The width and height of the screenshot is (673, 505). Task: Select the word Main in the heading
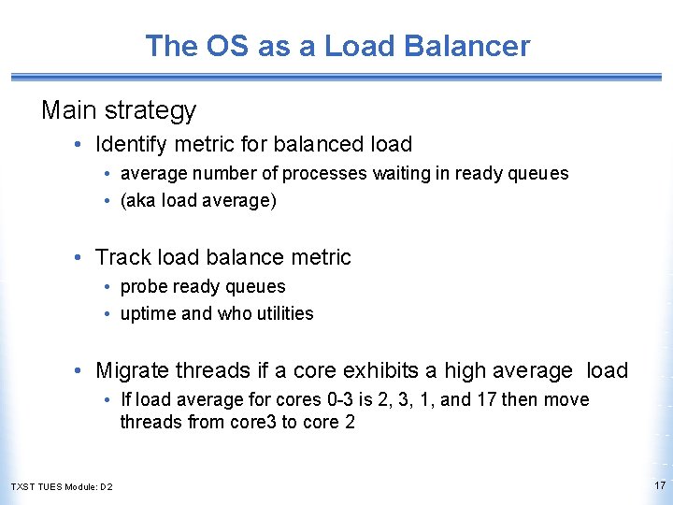pos(68,110)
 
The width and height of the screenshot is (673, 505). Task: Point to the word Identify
pos(135,144)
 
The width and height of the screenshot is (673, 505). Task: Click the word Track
pos(122,257)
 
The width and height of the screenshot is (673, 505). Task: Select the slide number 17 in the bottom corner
pos(660,485)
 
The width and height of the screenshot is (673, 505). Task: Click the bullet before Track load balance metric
pos(83,257)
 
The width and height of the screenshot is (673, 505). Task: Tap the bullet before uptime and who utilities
pos(109,314)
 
